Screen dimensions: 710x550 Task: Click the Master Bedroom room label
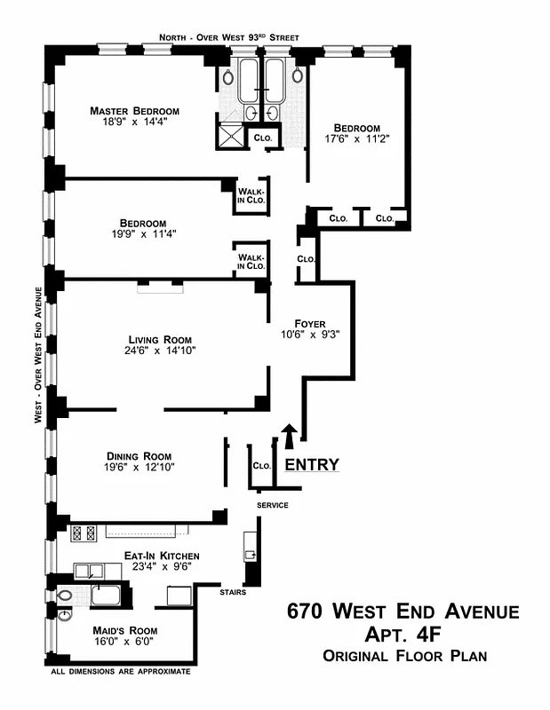(x=134, y=111)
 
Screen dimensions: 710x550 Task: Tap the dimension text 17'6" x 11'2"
(x=356, y=139)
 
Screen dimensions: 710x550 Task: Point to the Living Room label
(x=160, y=339)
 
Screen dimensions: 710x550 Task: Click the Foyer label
(x=310, y=323)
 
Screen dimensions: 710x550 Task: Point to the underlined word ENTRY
(x=311, y=463)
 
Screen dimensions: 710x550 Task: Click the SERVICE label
(x=272, y=505)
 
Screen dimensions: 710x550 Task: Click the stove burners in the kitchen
(x=84, y=533)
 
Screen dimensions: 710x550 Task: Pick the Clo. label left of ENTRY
(x=261, y=466)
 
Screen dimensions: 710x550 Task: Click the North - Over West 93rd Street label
(x=228, y=37)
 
